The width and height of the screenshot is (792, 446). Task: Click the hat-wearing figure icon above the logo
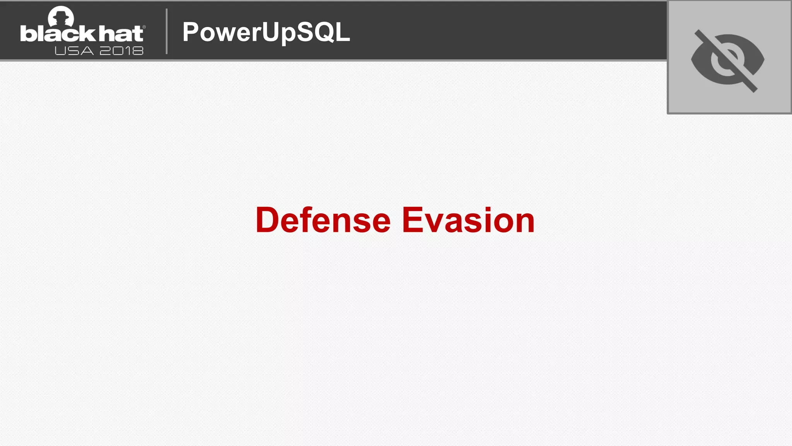[x=61, y=16]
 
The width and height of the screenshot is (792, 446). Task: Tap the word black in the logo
[x=57, y=34]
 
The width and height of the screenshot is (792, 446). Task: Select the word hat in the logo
[x=121, y=34]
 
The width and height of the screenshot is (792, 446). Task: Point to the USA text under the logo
[x=74, y=51]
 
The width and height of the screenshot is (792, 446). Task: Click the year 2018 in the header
[x=121, y=51]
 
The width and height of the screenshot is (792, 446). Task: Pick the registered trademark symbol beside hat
[x=144, y=27]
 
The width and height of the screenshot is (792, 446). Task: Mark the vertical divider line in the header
[x=167, y=31]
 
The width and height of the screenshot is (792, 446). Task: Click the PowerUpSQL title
[x=266, y=32]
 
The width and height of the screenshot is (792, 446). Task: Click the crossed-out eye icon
[x=728, y=60]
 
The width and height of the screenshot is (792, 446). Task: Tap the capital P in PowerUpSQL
[x=192, y=32]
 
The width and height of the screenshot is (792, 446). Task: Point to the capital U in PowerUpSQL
[x=270, y=32]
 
